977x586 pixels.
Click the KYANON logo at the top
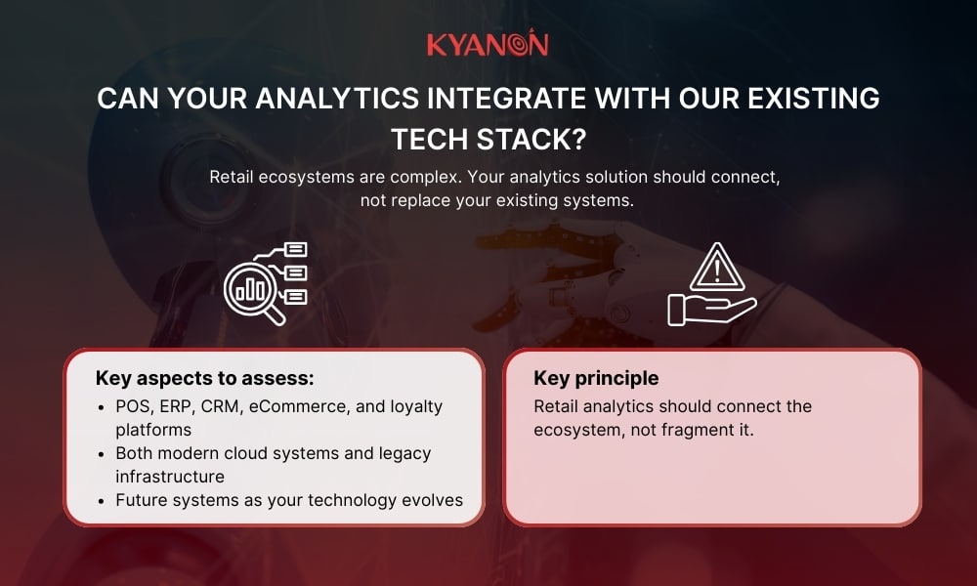click(488, 45)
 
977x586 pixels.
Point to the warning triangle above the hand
click(717, 267)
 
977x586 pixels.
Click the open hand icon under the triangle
click(710, 310)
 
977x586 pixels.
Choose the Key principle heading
click(596, 378)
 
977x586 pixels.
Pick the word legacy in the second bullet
click(404, 453)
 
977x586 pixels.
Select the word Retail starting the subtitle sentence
click(234, 178)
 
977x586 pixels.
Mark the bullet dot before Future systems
click(104, 500)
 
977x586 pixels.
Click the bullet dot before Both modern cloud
click(104, 453)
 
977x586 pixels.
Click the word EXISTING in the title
click(796, 100)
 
